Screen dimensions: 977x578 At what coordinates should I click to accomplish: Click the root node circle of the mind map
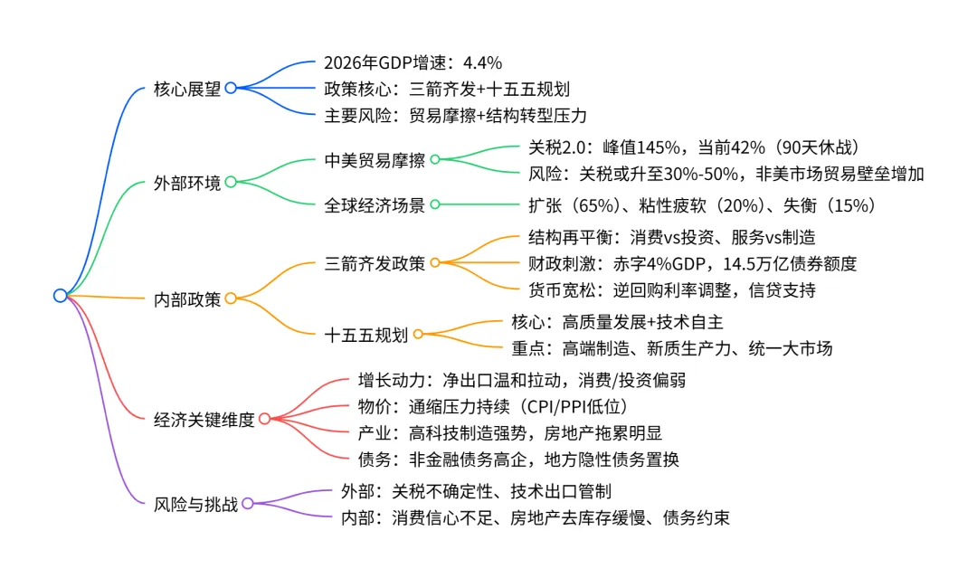[x=61, y=296]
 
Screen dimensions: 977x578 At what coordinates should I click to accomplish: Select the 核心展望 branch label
[x=188, y=89]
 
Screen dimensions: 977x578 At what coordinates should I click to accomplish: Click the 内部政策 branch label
[x=188, y=298]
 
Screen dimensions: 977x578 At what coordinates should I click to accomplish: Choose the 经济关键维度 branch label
[x=204, y=419]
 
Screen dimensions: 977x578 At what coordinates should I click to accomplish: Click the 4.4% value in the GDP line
[x=482, y=63]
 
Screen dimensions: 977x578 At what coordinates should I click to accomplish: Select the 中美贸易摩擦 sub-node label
[x=375, y=159]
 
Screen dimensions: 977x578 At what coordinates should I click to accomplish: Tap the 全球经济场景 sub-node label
[x=375, y=204]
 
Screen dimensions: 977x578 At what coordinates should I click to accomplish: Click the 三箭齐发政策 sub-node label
[x=375, y=263]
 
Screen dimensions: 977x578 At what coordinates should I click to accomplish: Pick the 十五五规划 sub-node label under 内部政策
[x=365, y=335]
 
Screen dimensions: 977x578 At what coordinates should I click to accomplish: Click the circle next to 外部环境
[x=230, y=183]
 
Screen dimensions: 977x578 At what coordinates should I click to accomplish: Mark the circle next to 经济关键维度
[x=263, y=419]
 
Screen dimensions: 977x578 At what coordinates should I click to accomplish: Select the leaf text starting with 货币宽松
[x=671, y=290]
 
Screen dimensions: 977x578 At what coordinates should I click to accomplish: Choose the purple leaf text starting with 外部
[x=476, y=491]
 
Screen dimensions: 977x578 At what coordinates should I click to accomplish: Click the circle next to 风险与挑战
[x=247, y=504]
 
